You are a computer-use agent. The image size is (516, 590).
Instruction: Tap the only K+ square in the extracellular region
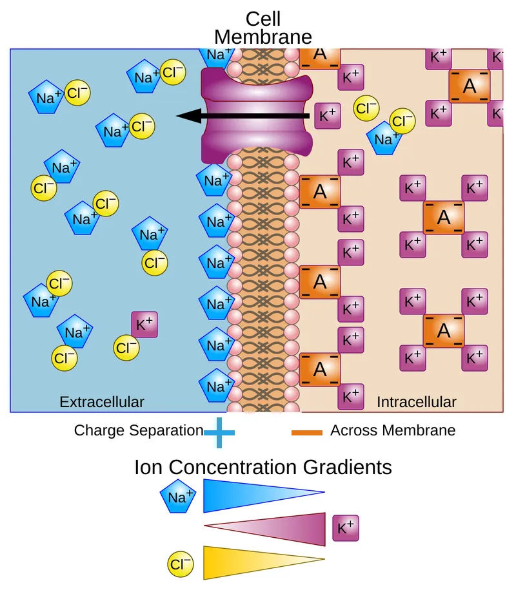[x=144, y=325]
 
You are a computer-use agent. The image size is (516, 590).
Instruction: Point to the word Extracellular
[x=102, y=402]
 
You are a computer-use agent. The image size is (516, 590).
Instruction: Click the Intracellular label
[x=416, y=402]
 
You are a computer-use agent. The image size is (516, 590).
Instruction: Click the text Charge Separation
[x=138, y=430]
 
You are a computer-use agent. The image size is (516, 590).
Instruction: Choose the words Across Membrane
[x=393, y=430]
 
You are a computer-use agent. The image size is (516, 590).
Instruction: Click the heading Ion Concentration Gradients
[x=263, y=467]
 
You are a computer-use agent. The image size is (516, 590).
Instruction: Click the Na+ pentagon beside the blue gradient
[x=178, y=497]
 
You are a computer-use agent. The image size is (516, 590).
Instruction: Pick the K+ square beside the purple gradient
[x=345, y=528]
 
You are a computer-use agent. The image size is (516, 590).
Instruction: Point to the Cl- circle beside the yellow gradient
[x=181, y=565]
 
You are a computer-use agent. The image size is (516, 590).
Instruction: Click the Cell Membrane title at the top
[x=263, y=28]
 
